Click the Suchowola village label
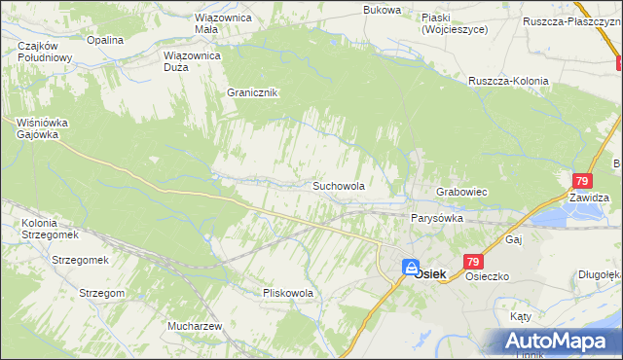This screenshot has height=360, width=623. (x=338, y=185)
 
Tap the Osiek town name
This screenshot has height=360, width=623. (x=429, y=274)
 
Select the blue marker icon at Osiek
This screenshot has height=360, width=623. (x=411, y=267)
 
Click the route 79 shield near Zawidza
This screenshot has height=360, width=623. (x=582, y=181)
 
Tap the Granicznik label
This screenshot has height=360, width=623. (x=253, y=92)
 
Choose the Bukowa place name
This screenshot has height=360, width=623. (x=382, y=10)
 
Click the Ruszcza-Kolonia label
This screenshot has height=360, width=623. (x=508, y=81)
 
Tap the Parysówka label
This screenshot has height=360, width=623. (x=436, y=219)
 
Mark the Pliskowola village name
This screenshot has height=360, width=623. (x=287, y=292)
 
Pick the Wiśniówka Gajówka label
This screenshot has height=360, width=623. (x=39, y=128)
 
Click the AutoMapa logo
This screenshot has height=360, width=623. (x=557, y=340)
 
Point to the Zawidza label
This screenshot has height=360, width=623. (x=590, y=198)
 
